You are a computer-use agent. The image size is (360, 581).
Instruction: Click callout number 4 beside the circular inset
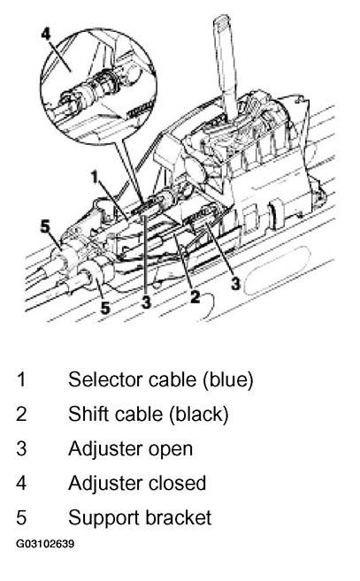[x=45, y=33]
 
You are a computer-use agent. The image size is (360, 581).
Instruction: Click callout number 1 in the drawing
[x=96, y=177]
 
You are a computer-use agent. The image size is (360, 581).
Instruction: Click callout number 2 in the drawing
[x=195, y=296]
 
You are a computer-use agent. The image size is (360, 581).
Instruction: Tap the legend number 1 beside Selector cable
[x=21, y=379]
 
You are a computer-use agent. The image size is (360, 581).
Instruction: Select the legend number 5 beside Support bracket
[x=21, y=517]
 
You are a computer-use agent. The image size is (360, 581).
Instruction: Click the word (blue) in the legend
[x=227, y=380]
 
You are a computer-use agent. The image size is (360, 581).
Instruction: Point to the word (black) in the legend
[x=199, y=414]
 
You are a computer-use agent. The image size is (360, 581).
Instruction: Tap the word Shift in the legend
[x=87, y=414]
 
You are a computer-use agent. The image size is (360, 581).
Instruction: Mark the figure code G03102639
[x=45, y=544]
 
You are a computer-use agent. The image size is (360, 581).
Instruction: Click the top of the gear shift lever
[x=222, y=19]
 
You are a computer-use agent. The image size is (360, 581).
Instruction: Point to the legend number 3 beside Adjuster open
[x=21, y=448]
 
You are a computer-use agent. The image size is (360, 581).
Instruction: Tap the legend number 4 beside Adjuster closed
[x=21, y=483]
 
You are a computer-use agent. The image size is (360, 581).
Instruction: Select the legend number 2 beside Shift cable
[x=21, y=414]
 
